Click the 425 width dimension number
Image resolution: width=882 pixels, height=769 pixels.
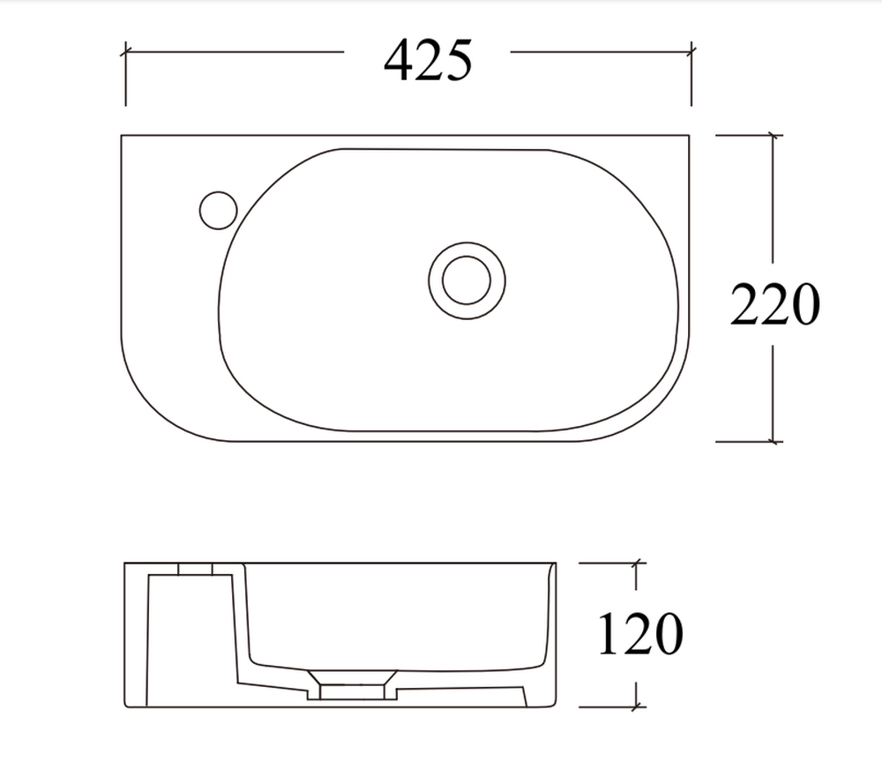[x=428, y=60]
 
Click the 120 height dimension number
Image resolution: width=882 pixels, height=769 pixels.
[x=640, y=633]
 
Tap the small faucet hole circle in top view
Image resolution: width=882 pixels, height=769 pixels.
[x=218, y=211]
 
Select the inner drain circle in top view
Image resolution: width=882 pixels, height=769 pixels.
[x=467, y=280]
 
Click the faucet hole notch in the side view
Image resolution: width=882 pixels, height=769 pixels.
[x=195, y=569]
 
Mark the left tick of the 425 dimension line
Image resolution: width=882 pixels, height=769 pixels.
[x=125, y=52]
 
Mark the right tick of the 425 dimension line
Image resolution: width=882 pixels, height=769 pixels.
[x=691, y=52]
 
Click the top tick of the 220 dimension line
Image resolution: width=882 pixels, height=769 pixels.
[x=774, y=135]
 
